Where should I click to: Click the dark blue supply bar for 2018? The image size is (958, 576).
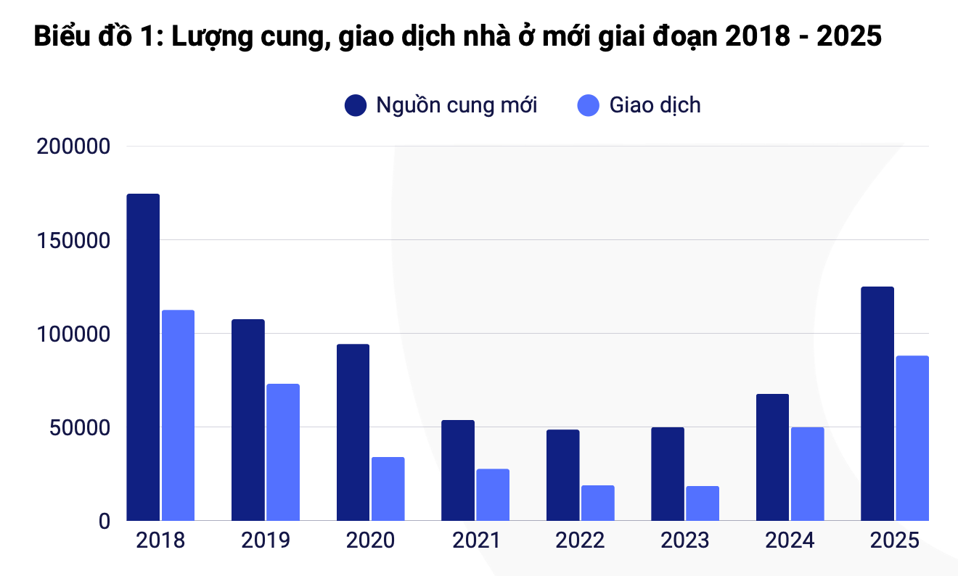tap(143, 357)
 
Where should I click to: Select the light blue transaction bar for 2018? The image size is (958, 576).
tap(178, 415)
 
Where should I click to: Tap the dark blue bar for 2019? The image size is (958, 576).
tap(248, 419)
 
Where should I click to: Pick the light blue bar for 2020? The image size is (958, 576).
tap(388, 488)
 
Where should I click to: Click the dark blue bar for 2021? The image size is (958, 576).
tap(458, 470)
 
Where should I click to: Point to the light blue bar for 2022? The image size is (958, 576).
tap(597, 503)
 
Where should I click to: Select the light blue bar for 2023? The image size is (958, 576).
tap(703, 503)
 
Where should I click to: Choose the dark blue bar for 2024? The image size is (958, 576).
tap(772, 457)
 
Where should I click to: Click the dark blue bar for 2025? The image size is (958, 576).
tap(877, 403)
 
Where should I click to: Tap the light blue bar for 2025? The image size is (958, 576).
tap(912, 437)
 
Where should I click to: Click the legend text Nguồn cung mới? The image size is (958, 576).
tap(457, 105)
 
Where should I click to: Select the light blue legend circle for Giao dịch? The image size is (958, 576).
tap(589, 105)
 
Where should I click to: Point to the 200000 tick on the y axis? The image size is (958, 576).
tap(73, 147)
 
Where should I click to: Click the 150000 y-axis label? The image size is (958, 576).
tap(73, 241)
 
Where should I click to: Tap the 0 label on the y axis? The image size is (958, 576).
tap(103, 521)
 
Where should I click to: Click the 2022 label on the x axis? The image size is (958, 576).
tap(580, 541)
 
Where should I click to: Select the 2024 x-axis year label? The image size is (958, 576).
tap(790, 541)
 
